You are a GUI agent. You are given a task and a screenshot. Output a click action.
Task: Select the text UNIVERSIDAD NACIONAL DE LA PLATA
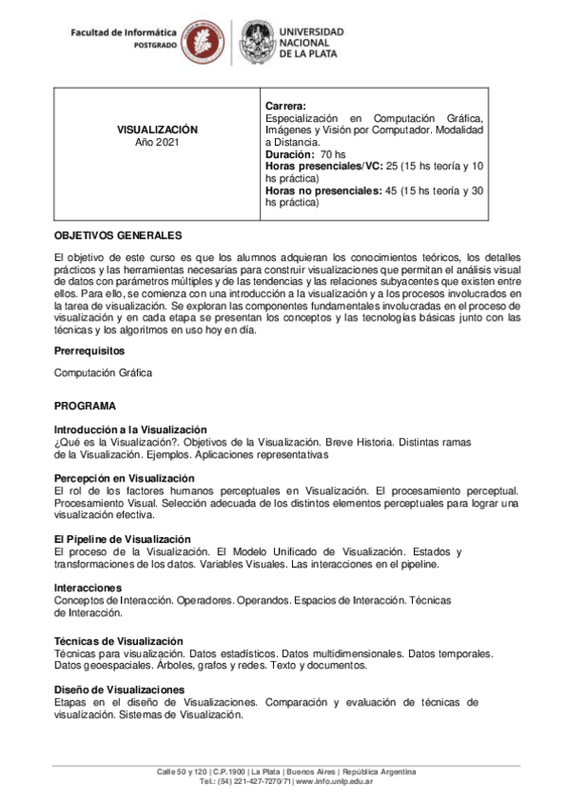pos(312,43)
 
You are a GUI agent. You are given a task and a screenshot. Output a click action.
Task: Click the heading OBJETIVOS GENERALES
pos(118,235)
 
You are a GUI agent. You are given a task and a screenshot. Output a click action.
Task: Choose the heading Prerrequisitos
pos(91,351)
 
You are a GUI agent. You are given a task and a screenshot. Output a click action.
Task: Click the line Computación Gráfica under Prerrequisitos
pos(103,373)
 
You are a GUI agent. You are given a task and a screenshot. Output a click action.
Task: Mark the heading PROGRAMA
pos(85,406)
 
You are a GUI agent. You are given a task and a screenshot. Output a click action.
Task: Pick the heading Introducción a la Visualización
pos(130,429)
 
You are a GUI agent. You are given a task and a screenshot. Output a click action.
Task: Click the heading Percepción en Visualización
pos(124,479)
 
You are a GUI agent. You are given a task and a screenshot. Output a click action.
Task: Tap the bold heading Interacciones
pos(88,588)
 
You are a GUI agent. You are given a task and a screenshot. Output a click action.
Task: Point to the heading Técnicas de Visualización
pos(118,641)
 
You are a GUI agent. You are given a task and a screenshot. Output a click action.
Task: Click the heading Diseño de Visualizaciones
pos(119,690)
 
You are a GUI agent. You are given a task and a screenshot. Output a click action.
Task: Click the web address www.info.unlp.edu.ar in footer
pos(334,782)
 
